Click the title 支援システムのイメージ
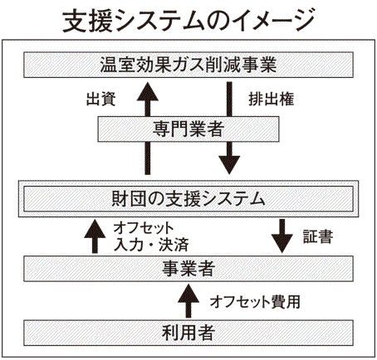coord(188,20)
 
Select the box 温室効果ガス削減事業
coord(188,65)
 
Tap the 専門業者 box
coord(188,129)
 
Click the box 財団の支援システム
coord(188,199)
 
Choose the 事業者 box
coord(188,269)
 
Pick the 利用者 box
coord(188,333)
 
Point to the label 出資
coord(100,99)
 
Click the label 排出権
coord(272,99)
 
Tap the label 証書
coord(318,236)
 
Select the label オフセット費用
coord(255,301)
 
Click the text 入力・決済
coord(151,245)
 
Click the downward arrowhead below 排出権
coord(229,165)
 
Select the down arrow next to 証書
coord(282,236)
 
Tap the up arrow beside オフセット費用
coord(188,300)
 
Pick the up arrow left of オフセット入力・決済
coord(95,236)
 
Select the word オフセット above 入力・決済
coord(144,228)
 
